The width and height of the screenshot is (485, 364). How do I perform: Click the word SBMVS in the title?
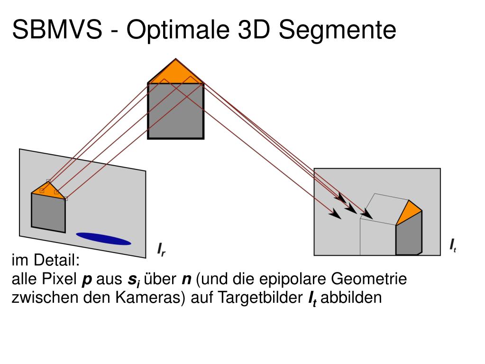56,30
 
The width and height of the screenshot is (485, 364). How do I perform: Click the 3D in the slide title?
252,30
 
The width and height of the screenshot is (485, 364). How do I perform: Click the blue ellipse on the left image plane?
103,239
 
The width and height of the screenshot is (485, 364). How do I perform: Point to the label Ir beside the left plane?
161,249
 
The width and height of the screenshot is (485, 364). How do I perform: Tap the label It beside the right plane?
453,246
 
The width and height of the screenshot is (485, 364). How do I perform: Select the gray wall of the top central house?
175,110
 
